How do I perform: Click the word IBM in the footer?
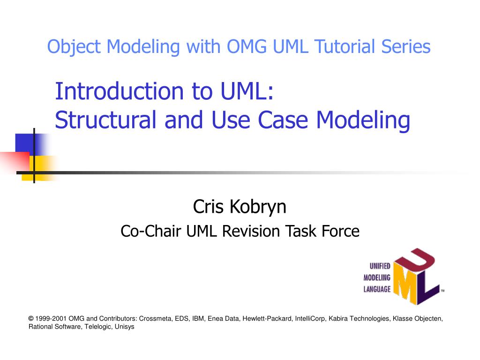point(198,319)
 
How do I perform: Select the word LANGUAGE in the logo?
point(377,289)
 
